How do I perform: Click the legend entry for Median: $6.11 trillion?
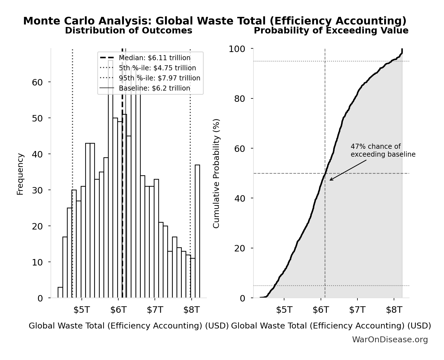pos(155,58)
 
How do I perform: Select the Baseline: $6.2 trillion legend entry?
pos(154,88)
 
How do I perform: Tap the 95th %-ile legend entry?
pos(159,78)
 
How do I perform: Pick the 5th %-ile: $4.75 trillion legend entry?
pos(157,68)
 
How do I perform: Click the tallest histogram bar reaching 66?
pos(111,180)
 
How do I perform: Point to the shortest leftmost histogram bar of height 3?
pos(60,292)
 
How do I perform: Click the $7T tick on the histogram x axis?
pos(155,310)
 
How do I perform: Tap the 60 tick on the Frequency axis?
pos(37,82)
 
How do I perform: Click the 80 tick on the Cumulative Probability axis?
pos(239,99)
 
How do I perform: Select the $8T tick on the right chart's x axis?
pos(394,310)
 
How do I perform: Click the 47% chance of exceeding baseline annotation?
pos(383,150)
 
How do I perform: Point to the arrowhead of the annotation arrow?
pos(330,180)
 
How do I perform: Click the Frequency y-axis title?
pos(20,174)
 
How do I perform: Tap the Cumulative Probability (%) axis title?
pos(216,174)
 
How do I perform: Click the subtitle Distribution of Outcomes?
pos(129,31)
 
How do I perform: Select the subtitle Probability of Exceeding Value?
pos(331,31)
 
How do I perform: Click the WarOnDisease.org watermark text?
pos(390,340)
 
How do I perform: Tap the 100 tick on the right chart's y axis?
pos(237,49)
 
